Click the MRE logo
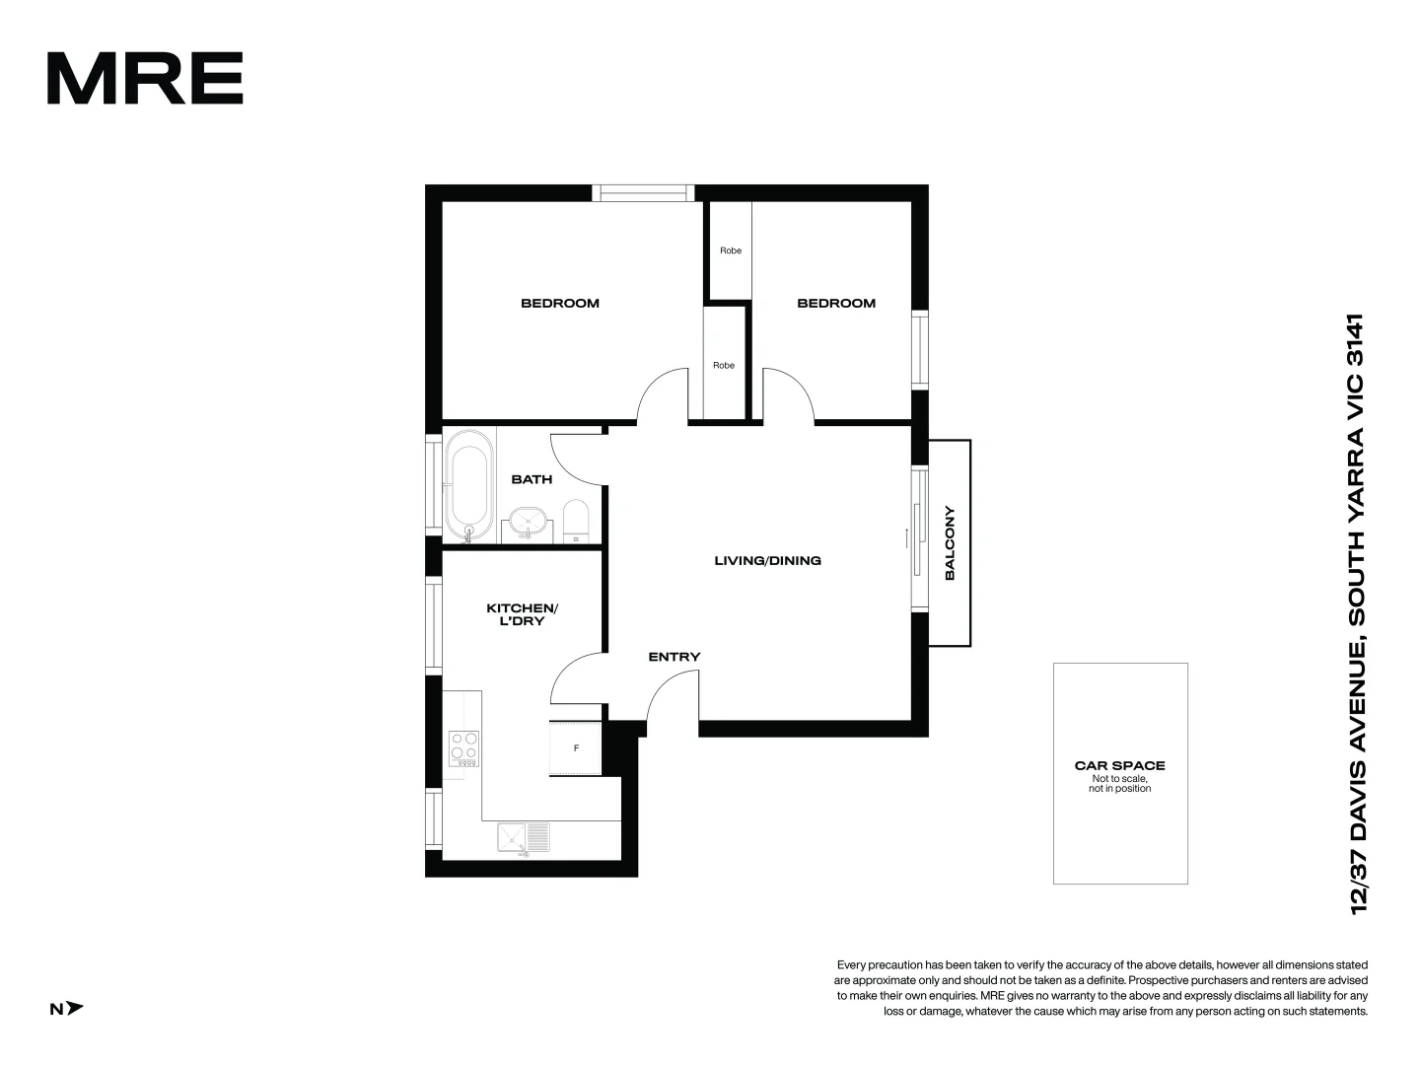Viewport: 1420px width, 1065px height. tap(145, 79)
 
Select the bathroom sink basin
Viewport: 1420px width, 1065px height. tap(529, 521)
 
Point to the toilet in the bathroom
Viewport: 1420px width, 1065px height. tap(576, 521)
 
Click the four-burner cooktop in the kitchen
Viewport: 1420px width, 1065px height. tap(463, 748)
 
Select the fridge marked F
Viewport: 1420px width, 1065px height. tap(576, 748)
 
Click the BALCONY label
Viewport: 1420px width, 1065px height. tap(950, 543)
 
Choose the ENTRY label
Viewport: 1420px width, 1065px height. tap(674, 657)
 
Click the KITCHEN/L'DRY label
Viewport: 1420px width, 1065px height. tap(522, 614)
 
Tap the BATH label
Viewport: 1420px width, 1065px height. tap(532, 479)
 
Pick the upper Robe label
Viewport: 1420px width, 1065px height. tap(730, 250)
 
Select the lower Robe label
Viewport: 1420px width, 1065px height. tap(724, 365)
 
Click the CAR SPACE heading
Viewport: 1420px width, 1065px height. tap(1119, 765)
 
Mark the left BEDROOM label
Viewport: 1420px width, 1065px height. tap(560, 303)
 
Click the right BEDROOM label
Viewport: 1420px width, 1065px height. tap(836, 303)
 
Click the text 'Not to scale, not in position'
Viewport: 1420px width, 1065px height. tap(1119, 784)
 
